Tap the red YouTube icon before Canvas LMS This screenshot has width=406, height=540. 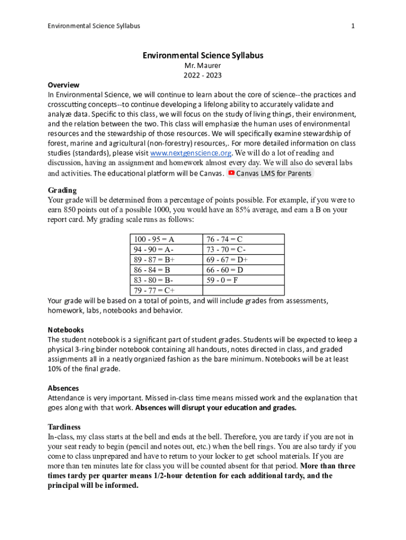(231, 173)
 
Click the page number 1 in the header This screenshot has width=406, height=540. (353, 26)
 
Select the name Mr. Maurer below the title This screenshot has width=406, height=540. (202, 65)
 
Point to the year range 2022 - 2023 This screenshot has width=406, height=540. (202, 75)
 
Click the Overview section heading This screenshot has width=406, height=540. (63, 85)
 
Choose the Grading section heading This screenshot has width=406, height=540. (62, 190)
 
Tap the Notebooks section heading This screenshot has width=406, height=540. (66, 330)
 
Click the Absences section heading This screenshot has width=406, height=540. (63, 388)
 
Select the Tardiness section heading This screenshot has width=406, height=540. (64, 427)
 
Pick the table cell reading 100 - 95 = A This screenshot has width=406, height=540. (155, 239)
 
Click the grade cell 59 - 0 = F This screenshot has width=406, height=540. (222, 281)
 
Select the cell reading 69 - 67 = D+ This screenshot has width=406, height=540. (227, 260)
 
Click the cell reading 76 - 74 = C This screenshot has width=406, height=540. (225, 239)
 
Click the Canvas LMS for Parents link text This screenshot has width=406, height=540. (274, 173)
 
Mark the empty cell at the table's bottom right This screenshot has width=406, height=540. (244, 291)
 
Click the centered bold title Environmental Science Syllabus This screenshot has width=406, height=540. (202, 55)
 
